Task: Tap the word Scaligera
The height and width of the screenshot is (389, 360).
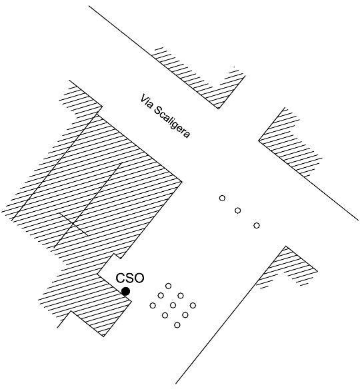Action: (172, 122)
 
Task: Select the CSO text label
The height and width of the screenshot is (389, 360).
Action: (130, 278)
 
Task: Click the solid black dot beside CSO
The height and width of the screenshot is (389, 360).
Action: (125, 291)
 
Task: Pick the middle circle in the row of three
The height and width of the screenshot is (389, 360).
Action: (237, 210)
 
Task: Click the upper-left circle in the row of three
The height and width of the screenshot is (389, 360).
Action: (222, 198)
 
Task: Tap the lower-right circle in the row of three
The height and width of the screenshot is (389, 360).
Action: (257, 226)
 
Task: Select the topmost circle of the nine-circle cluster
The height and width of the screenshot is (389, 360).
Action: (168, 286)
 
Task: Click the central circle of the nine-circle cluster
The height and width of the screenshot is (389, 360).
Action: (173, 305)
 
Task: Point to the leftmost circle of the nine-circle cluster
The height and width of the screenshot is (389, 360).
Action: (153, 305)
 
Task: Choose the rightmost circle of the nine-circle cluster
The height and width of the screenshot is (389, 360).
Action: (193, 305)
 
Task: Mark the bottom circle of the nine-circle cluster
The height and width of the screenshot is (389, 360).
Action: (177, 325)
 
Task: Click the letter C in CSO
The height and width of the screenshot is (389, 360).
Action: (120, 278)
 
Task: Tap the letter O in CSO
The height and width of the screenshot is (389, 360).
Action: (139, 278)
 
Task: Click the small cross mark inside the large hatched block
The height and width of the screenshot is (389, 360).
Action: (73, 224)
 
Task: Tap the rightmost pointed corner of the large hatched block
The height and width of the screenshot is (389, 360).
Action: (182, 182)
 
